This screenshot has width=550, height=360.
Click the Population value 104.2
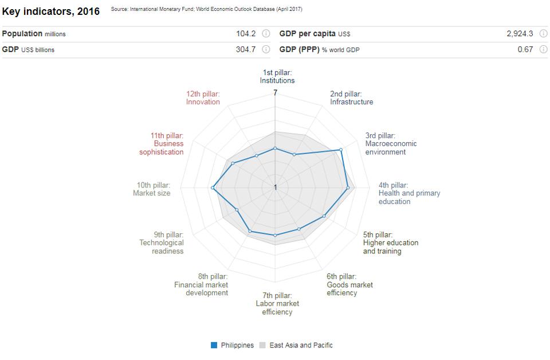[246, 34]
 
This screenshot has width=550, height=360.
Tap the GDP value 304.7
[246, 49]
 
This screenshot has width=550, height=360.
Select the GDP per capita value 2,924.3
[520, 34]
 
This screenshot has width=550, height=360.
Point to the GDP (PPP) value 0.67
[525, 49]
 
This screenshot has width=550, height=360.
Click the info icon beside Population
[266, 34]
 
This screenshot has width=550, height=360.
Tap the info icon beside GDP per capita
[543, 34]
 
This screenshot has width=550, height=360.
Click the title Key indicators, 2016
[50, 11]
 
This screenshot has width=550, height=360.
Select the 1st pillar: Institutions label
[277, 76]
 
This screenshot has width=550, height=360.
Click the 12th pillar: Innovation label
[203, 97]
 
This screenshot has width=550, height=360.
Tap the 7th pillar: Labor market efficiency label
[277, 304]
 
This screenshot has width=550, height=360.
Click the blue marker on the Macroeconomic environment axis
[341, 150]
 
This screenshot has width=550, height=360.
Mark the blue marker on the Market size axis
[213, 187]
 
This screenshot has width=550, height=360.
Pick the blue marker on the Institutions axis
[275, 148]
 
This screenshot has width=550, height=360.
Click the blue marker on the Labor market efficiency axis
[275, 235]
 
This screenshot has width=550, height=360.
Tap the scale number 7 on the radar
[275, 93]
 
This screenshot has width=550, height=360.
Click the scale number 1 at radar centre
[275, 187]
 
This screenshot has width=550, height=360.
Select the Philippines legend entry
[232, 345]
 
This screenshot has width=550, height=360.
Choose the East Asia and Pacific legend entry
[296, 345]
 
